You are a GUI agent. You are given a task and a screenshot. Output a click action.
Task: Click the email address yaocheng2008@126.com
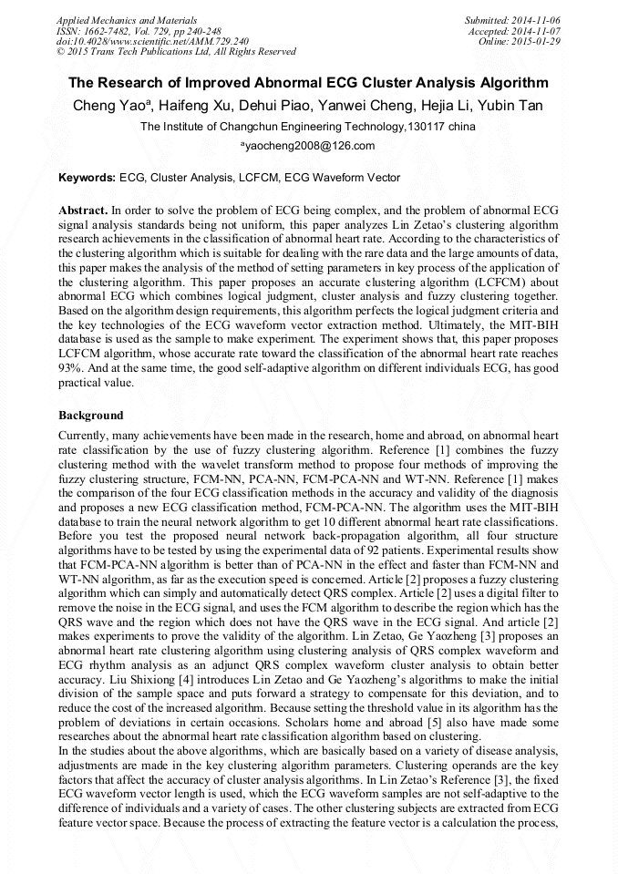(308, 146)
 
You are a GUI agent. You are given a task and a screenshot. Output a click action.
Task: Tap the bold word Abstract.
(83, 210)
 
